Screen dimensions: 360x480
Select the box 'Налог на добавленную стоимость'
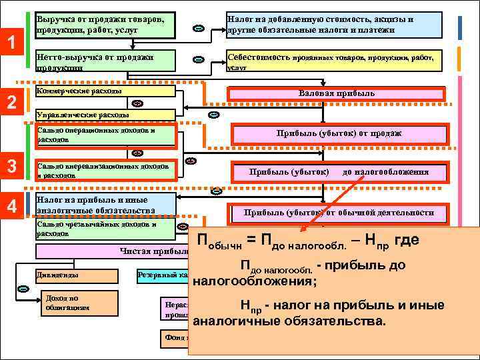point(333,25)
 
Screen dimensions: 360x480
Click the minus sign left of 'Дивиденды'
point(23,289)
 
